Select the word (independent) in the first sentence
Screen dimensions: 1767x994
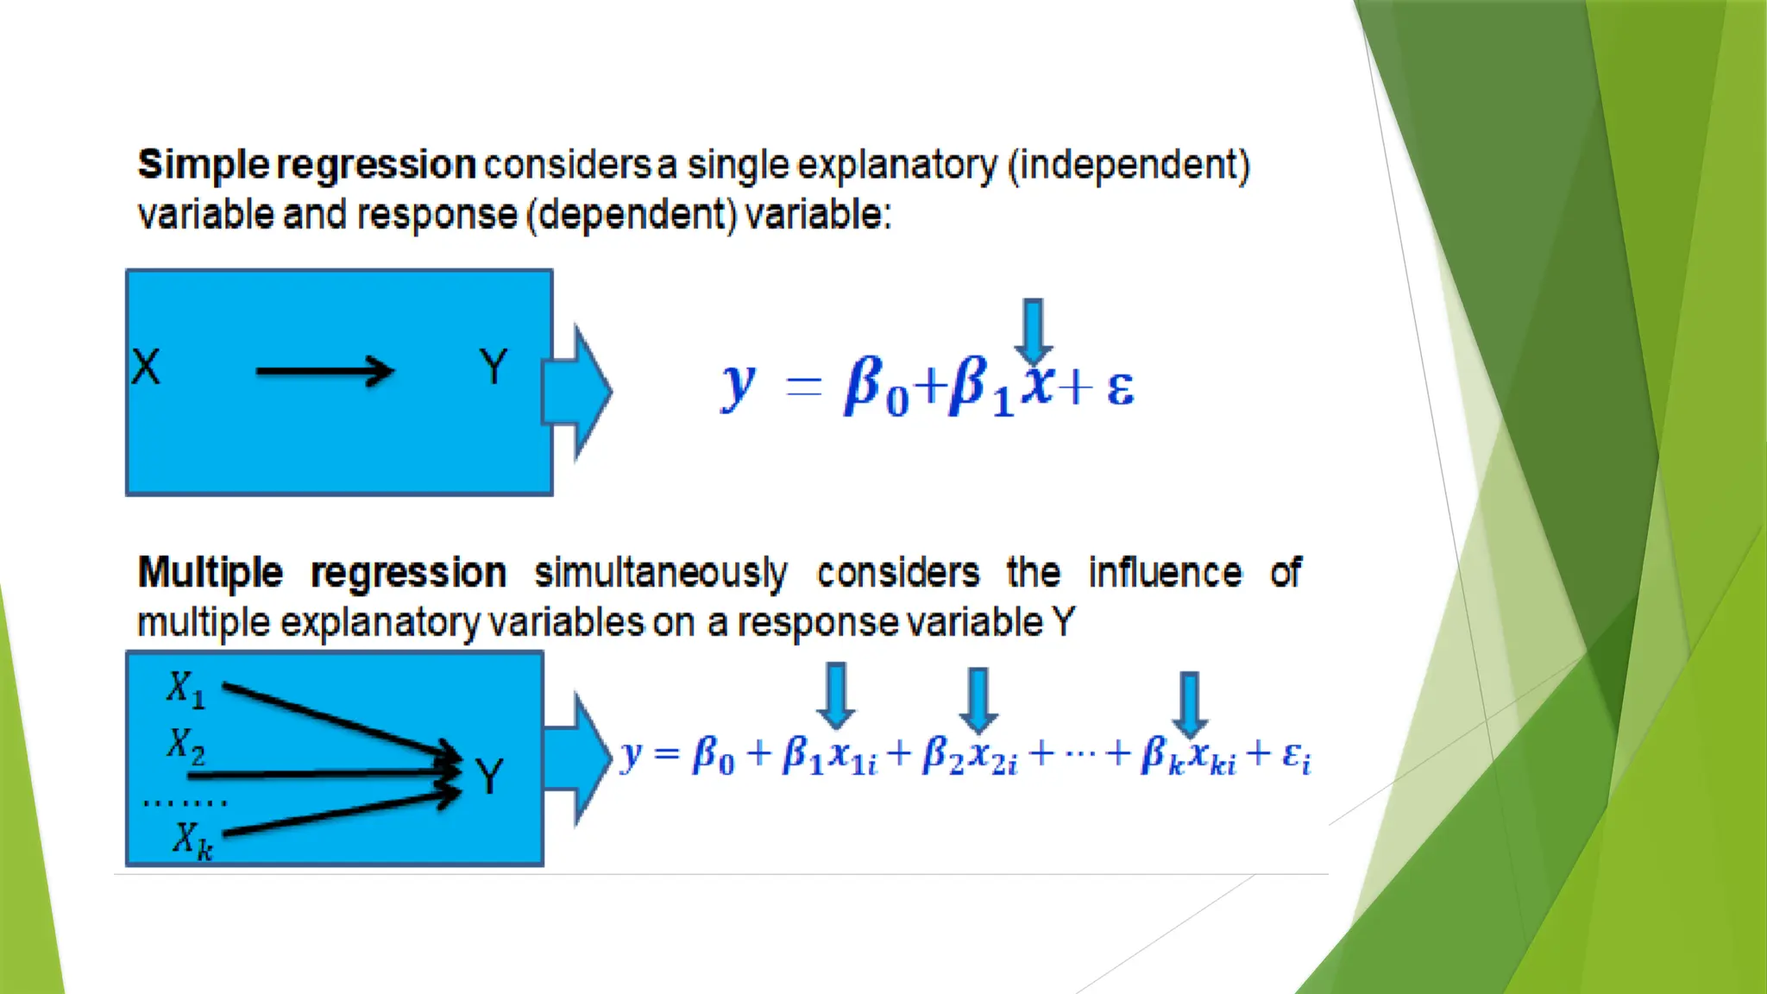point(1129,165)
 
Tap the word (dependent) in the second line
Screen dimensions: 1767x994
point(632,215)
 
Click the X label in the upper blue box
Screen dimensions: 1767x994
point(146,367)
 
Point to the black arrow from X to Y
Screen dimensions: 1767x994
point(324,372)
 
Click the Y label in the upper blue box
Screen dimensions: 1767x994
point(494,367)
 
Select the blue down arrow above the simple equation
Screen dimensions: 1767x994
point(1033,331)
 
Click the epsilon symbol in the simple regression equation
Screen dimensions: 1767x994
point(1120,387)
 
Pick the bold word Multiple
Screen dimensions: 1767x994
point(211,573)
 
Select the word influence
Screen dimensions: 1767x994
point(1165,573)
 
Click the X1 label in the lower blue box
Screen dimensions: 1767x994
point(186,689)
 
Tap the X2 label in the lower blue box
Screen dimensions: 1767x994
point(186,745)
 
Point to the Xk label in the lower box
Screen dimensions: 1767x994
point(192,840)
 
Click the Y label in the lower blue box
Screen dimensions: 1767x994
point(489,777)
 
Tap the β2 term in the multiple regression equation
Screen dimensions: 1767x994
point(943,756)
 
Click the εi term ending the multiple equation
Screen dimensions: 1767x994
point(1296,756)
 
